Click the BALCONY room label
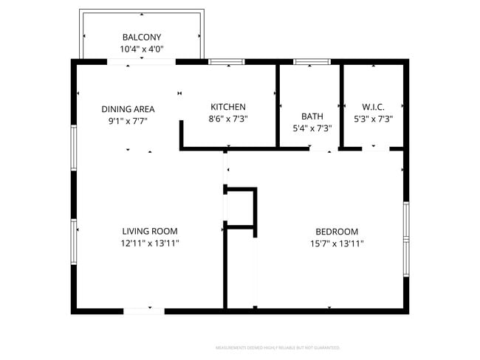pyautogui.click(x=141, y=38)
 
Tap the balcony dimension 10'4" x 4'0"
pyautogui.click(x=141, y=49)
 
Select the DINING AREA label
pyautogui.click(x=128, y=109)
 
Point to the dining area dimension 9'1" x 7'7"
pyautogui.click(x=128, y=121)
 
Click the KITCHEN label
pyautogui.click(x=228, y=107)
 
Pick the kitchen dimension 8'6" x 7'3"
pyautogui.click(x=228, y=119)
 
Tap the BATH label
pyautogui.click(x=312, y=117)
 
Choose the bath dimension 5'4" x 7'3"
pyautogui.click(x=312, y=128)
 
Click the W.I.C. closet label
pyautogui.click(x=373, y=107)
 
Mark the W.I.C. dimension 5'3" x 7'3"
pyautogui.click(x=373, y=119)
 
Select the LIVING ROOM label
pyautogui.click(x=150, y=231)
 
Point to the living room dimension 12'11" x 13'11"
pyautogui.click(x=150, y=243)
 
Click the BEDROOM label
pyautogui.click(x=337, y=231)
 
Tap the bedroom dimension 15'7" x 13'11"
pyautogui.click(x=337, y=243)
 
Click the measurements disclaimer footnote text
pyautogui.click(x=277, y=347)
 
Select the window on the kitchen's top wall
pyautogui.click(x=226, y=62)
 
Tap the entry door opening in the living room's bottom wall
pyautogui.click(x=143, y=311)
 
